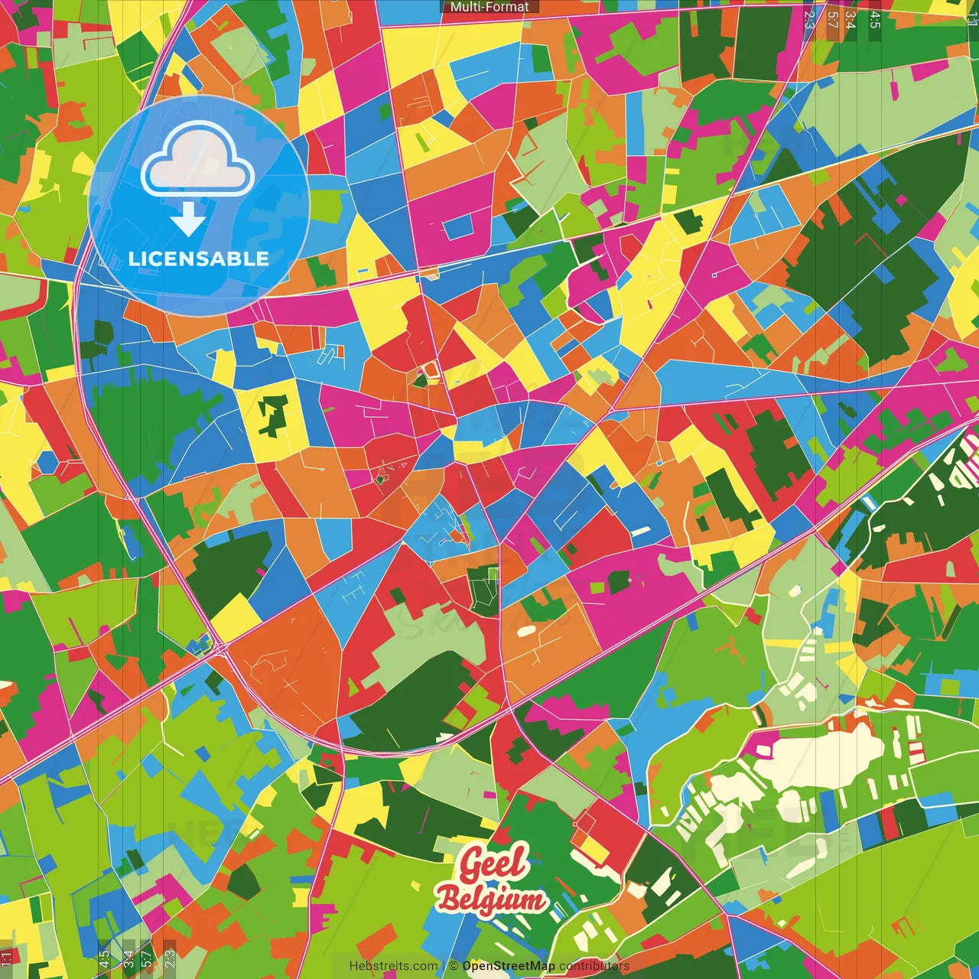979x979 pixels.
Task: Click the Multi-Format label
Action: (489, 7)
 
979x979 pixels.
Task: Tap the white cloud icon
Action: (198, 161)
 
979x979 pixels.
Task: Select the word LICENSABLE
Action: (199, 259)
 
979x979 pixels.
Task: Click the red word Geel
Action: (493, 865)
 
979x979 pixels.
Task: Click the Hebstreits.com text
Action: (393, 966)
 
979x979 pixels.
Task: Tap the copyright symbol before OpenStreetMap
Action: (454, 966)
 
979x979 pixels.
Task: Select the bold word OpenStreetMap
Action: (509, 966)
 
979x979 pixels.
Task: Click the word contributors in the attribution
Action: (594, 966)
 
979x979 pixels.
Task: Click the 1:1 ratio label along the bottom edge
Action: (7, 958)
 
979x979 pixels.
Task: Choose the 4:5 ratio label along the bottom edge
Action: (104, 958)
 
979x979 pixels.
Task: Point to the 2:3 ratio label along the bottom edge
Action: (170, 958)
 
